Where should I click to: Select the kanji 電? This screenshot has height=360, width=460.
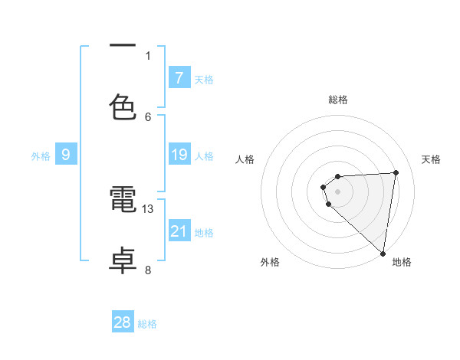pyautogui.click(x=123, y=201)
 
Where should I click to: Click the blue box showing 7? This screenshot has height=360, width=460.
pyautogui.click(x=179, y=77)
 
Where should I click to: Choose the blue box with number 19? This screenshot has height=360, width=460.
pyautogui.click(x=179, y=155)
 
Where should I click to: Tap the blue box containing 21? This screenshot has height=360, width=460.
pyautogui.click(x=179, y=231)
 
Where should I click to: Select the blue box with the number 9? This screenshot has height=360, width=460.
pyautogui.click(x=66, y=155)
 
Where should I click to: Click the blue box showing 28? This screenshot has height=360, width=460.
pyautogui.click(x=123, y=322)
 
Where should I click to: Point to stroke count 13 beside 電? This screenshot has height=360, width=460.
pyautogui.click(x=148, y=208)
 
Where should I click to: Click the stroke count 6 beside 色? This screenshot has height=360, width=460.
pyautogui.click(x=148, y=116)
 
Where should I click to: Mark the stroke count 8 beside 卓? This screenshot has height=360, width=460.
pyautogui.click(x=148, y=270)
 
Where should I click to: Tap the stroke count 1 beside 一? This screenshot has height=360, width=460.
pyautogui.click(x=148, y=55)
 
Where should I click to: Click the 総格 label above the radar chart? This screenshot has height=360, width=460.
pyautogui.click(x=338, y=100)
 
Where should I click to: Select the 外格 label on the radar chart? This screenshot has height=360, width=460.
pyautogui.click(x=270, y=262)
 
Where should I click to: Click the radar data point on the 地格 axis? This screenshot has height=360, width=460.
pyautogui.click(x=383, y=254)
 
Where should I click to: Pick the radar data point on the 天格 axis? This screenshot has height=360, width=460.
pyautogui.click(x=396, y=172)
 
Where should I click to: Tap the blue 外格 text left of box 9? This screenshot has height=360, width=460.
pyautogui.click(x=41, y=155)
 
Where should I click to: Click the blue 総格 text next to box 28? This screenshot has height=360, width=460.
pyautogui.click(x=147, y=324)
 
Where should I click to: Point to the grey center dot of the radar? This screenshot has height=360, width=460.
pyautogui.click(x=338, y=191)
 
